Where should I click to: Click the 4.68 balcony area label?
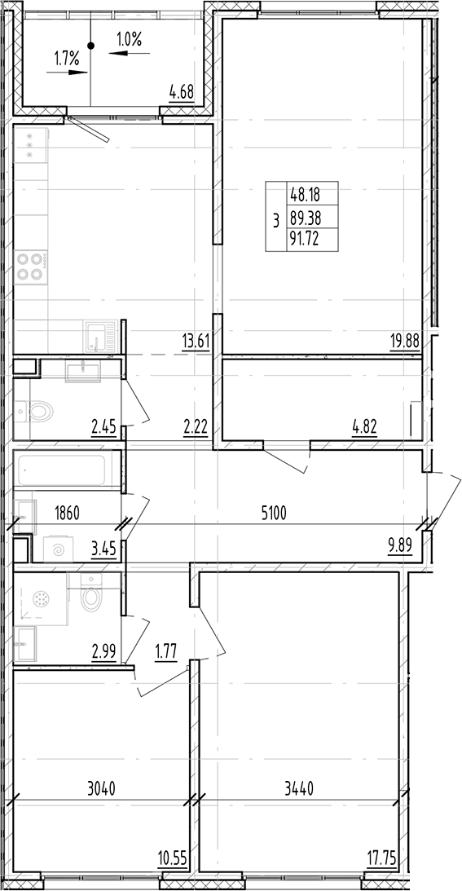[x=181, y=92]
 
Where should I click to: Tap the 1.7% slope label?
[x=66, y=58]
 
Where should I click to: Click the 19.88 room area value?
[x=405, y=342]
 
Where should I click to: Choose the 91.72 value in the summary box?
[x=302, y=240]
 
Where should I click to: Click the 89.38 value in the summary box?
[x=302, y=218]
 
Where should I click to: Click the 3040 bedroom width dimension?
[x=100, y=788]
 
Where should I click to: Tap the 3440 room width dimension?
[x=299, y=788]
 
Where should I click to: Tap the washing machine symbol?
[x=59, y=549]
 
